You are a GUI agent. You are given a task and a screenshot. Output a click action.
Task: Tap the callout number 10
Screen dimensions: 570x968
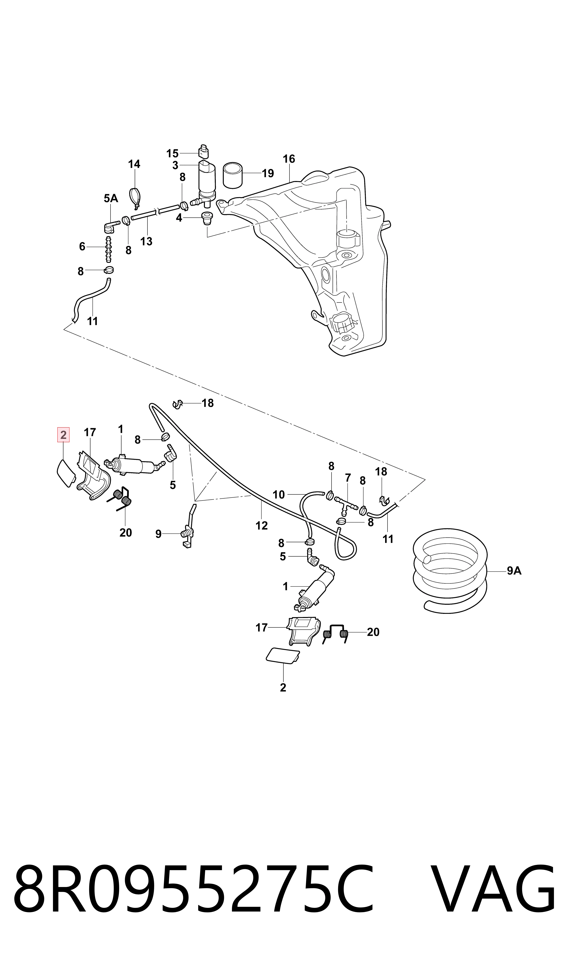pyautogui.click(x=279, y=495)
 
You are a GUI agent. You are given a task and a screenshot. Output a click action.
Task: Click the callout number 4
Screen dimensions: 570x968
pyautogui.click(x=179, y=218)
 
